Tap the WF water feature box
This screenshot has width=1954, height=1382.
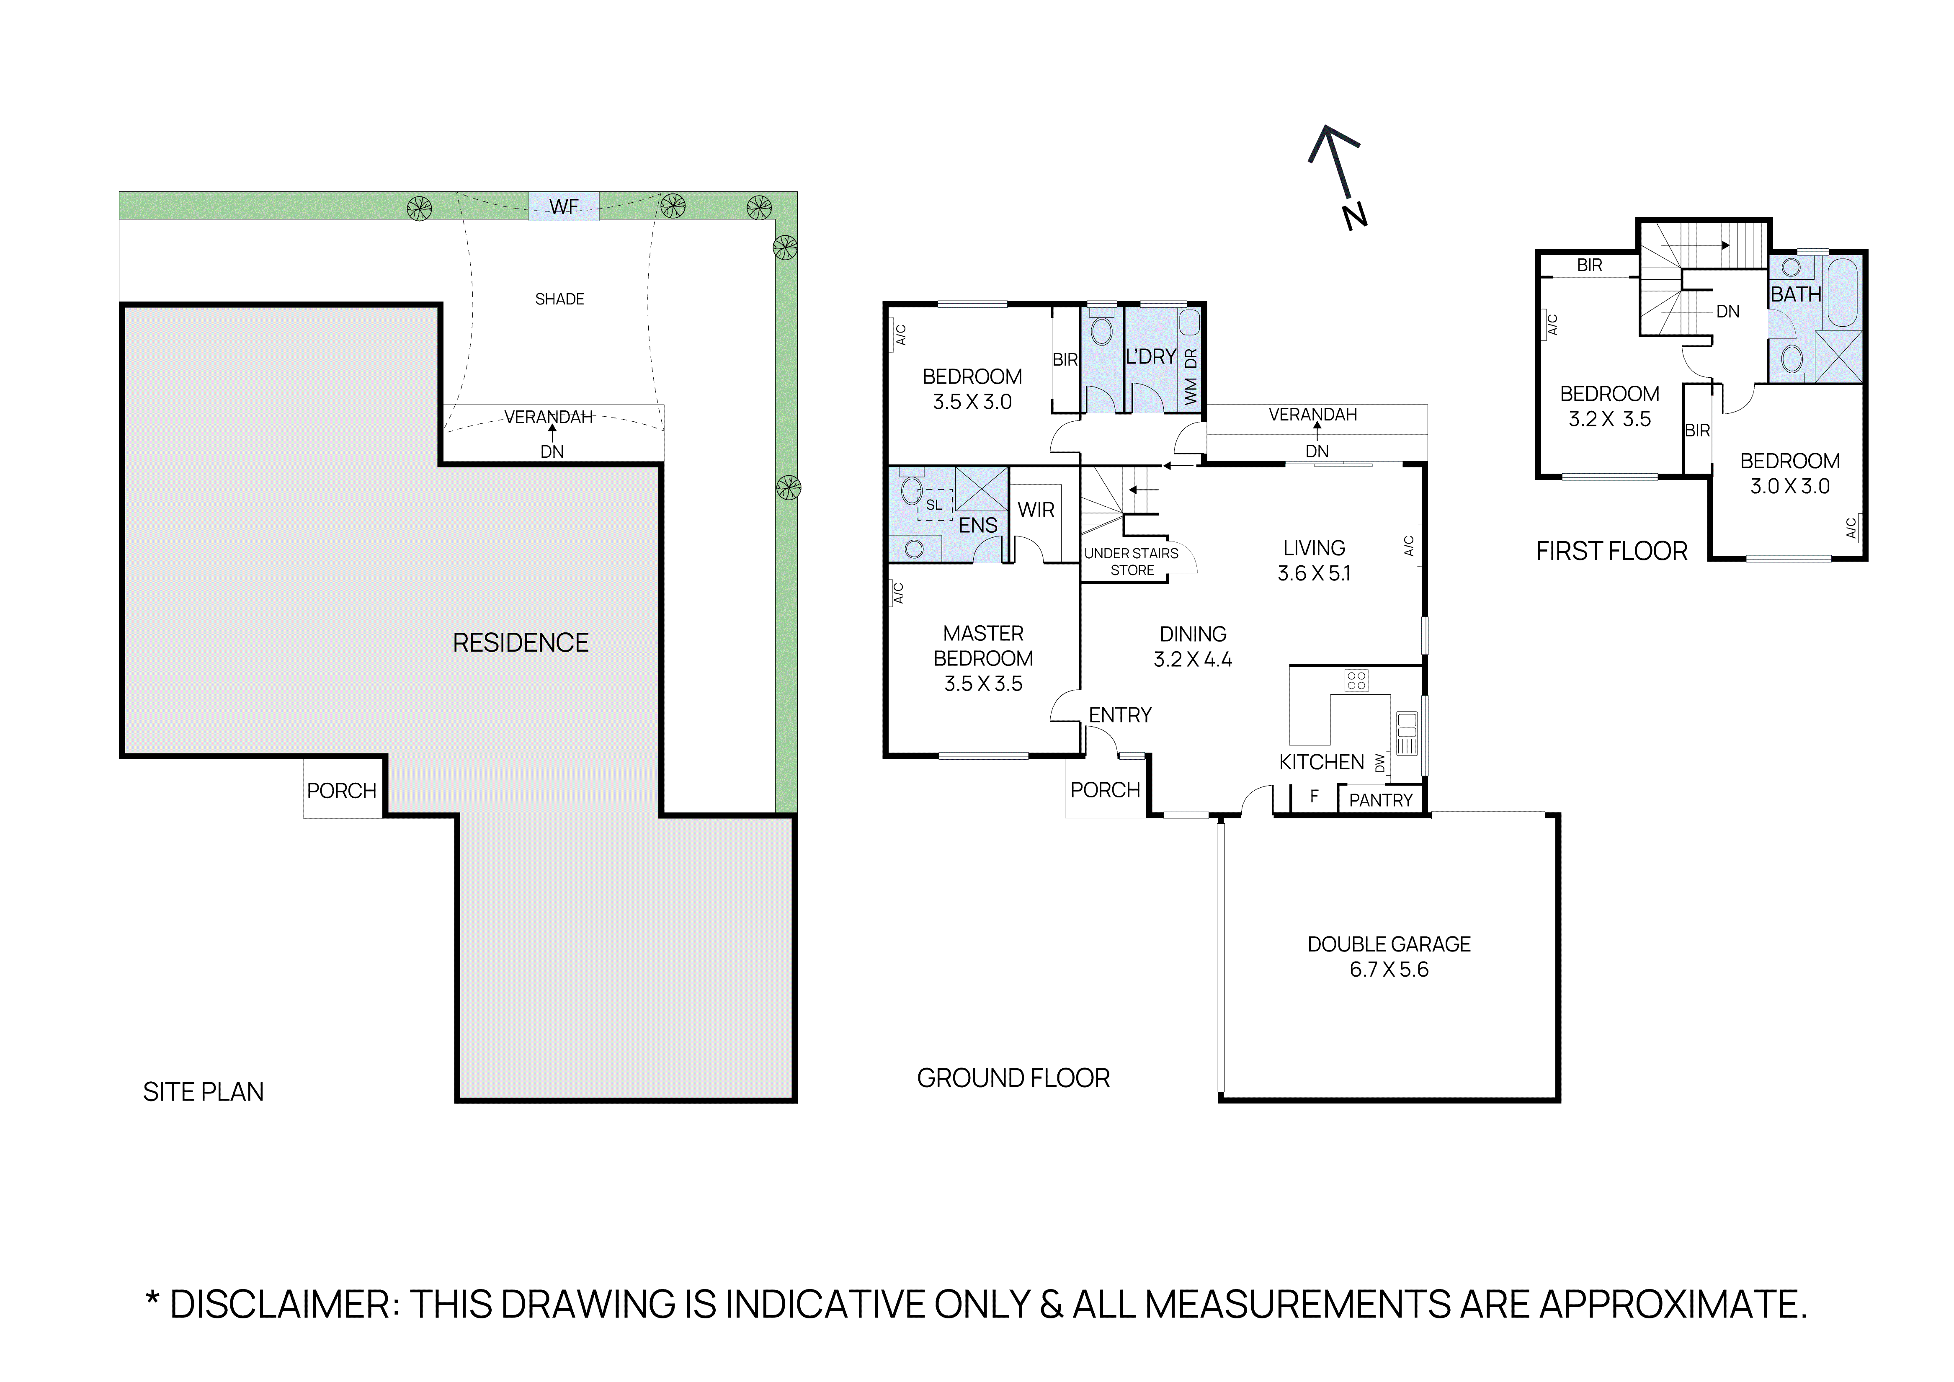point(563,206)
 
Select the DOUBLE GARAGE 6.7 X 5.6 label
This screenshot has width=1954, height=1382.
point(1389,957)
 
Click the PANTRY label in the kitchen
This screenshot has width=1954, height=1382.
point(1380,800)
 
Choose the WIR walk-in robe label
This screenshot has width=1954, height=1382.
point(1036,510)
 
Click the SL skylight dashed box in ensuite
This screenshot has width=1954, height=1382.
point(934,505)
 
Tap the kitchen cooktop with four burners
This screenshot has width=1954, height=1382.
point(1356,680)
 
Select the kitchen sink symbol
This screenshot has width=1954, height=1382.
point(1406,734)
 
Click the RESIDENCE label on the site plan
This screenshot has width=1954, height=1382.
point(520,642)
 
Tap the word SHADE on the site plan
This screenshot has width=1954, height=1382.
point(559,299)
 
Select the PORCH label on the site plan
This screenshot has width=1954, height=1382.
point(341,791)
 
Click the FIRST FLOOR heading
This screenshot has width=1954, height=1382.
point(1611,552)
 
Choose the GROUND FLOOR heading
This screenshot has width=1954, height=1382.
point(1013,1078)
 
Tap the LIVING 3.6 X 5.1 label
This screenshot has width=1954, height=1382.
point(1314,560)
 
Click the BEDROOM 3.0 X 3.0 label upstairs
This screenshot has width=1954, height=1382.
point(1790,473)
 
